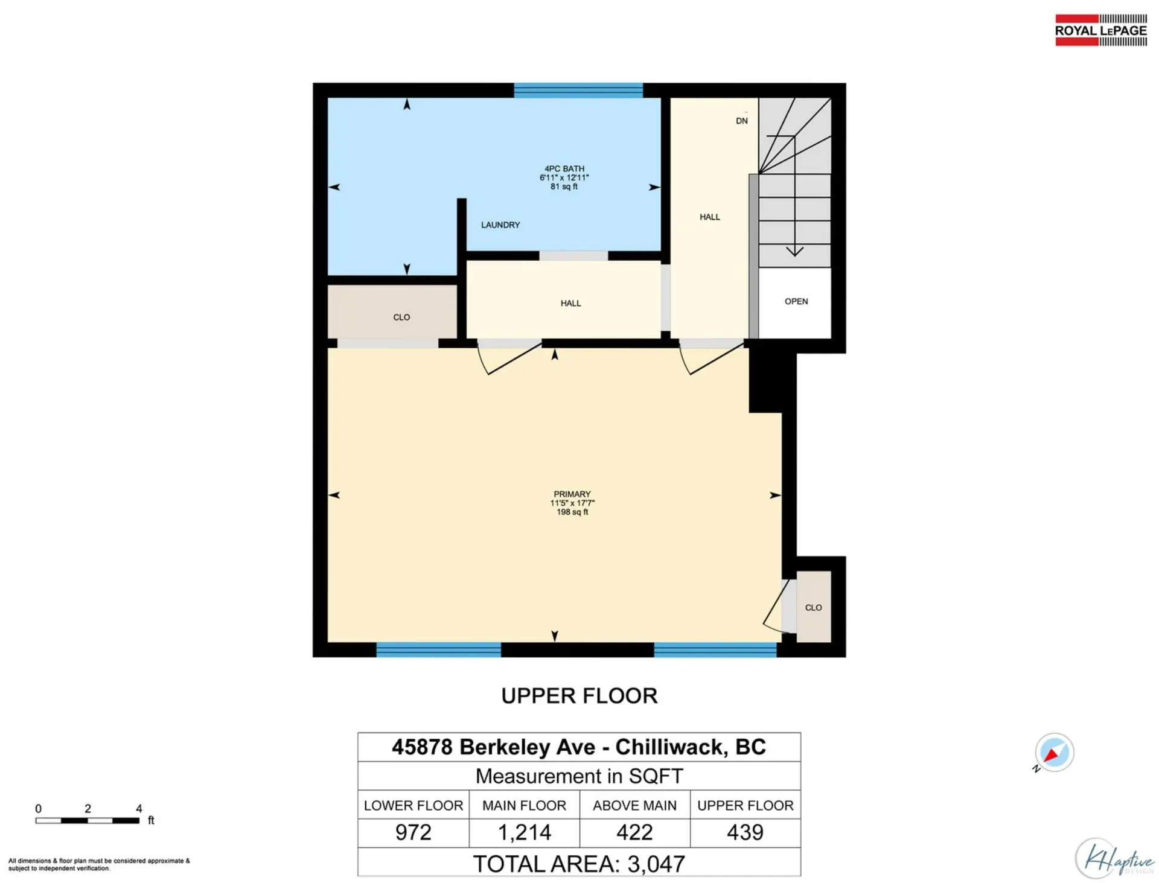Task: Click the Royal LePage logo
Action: (1101, 30)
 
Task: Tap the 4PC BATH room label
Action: (564, 169)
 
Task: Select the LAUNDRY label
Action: (500, 225)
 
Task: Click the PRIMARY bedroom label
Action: (572, 494)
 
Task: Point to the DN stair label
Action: (742, 121)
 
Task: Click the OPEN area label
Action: (796, 301)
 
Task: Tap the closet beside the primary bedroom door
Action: (814, 607)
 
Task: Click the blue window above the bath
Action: (578, 91)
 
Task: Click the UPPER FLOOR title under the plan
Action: (579, 695)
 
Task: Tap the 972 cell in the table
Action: (413, 833)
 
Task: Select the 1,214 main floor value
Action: (525, 833)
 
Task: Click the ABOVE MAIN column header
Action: (634, 805)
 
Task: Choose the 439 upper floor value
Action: (746, 833)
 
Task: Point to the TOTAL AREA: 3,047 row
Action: (579, 862)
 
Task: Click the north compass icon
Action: (1054, 753)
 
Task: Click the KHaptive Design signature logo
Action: (1114, 857)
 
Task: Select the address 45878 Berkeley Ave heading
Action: (579, 747)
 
